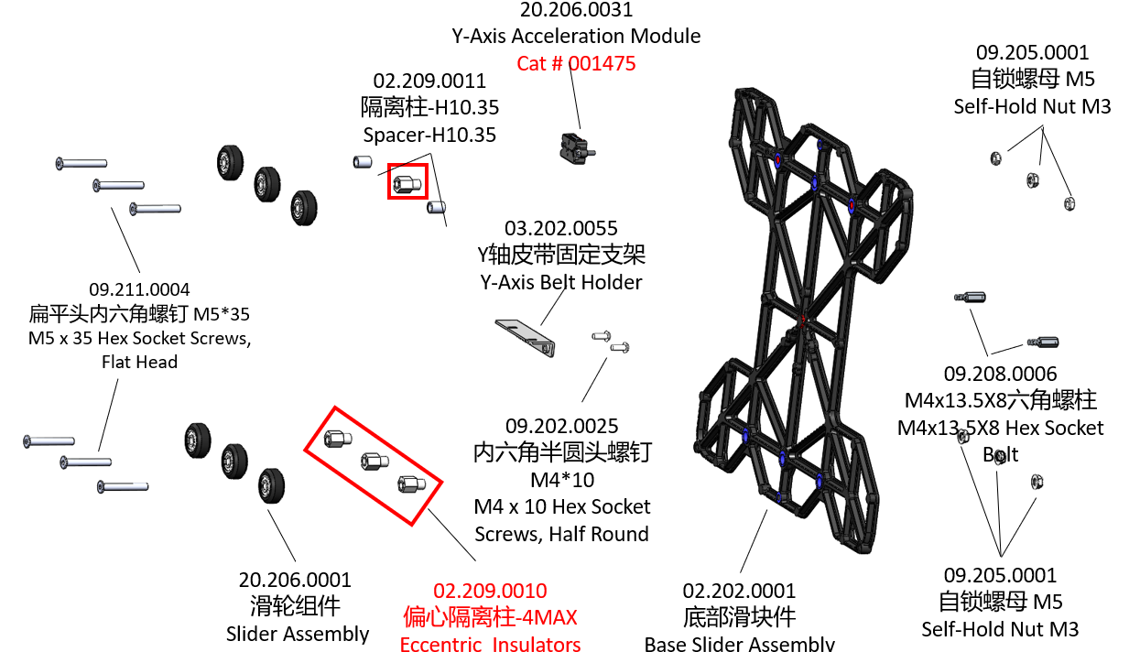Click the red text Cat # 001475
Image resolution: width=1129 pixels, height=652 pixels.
(576, 63)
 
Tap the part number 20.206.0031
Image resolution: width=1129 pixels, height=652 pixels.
(576, 10)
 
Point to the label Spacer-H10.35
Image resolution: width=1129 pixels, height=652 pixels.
(429, 136)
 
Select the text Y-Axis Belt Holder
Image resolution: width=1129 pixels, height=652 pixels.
(561, 282)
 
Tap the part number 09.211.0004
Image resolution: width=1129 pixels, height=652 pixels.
(139, 289)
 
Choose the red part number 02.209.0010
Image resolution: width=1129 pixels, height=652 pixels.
(490, 591)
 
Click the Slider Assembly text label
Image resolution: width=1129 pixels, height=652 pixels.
(298, 634)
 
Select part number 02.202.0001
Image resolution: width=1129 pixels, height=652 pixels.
(740, 591)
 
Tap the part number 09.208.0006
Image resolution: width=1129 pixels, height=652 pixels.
(1000, 374)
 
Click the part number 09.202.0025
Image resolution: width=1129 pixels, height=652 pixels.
(562, 426)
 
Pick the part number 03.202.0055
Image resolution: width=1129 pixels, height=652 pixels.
(561, 228)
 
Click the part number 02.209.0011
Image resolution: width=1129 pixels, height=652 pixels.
(429, 81)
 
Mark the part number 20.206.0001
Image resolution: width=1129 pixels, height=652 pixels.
(295, 580)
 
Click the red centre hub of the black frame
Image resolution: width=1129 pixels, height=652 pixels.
(804, 320)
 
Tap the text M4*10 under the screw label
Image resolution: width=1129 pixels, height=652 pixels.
(562, 480)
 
